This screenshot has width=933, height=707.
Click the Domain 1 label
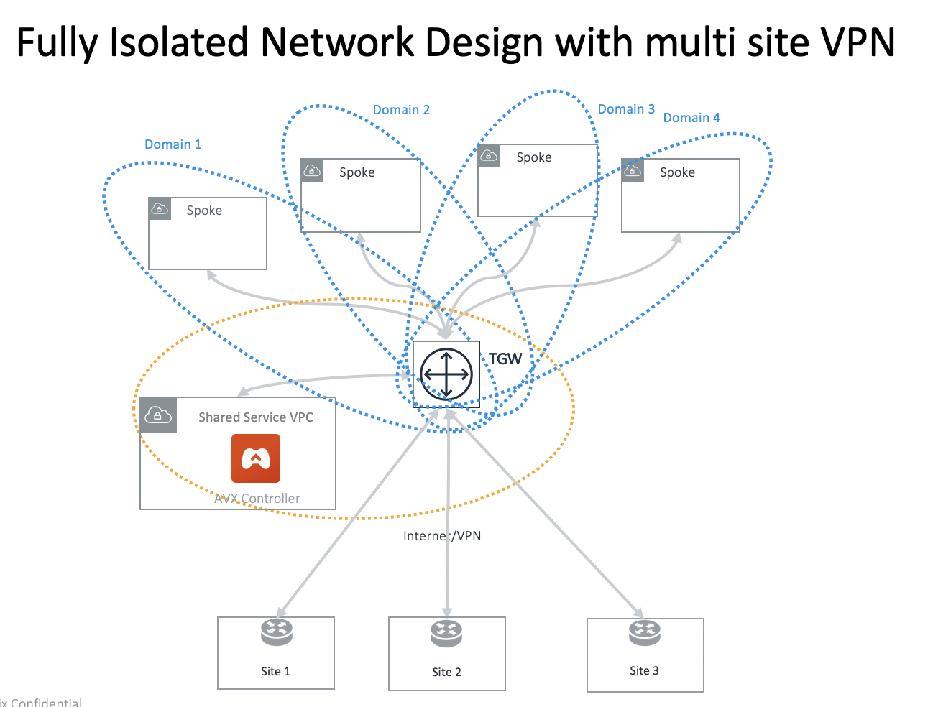point(173,144)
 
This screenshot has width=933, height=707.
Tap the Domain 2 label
point(401,110)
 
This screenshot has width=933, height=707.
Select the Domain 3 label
point(626,109)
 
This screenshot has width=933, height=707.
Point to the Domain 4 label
point(691,118)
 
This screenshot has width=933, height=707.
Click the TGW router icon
point(446,374)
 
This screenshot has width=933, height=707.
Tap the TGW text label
point(505,359)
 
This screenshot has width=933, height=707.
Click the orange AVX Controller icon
point(256,458)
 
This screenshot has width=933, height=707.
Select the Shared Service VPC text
point(256,417)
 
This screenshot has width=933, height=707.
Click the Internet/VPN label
point(442,536)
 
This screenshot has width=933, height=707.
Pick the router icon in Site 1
point(277,632)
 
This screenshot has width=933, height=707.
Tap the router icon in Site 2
point(446,633)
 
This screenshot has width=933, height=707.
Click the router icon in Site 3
point(645,632)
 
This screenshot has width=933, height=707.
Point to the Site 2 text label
point(446,672)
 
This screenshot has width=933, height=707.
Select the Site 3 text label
point(644,670)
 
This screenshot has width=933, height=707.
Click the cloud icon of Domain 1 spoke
point(160,209)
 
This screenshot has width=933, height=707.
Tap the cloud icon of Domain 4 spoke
point(633,171)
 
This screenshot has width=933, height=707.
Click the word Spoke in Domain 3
point(534,157)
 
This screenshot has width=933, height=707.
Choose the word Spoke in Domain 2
point(357,172)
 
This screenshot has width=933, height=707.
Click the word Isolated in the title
point(181,42)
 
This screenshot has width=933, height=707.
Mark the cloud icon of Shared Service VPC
point(158,415)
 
